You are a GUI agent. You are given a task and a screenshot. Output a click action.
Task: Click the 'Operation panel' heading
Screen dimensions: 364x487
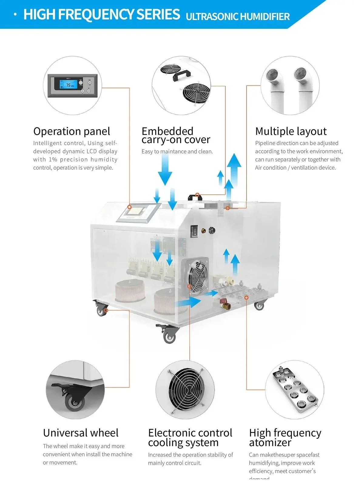[x=72, y=131]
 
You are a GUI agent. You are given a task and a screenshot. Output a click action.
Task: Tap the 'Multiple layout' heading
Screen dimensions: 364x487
[x=291, y=131]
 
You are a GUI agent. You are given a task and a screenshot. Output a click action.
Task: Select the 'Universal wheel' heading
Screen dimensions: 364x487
[x=81, y=433]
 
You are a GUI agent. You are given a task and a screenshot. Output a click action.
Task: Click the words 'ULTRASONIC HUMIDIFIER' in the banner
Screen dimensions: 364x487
[x=238, y=16]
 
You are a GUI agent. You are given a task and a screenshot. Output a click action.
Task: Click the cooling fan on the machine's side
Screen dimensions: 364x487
[x=198, y=275]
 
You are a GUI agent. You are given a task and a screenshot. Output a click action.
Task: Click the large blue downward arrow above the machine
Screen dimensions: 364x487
[x=165, y=170]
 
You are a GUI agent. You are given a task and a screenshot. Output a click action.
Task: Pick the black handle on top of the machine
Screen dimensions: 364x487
[x=195, y=197]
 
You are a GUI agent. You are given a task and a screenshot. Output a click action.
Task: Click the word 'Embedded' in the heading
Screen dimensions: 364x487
[x=167, y=131]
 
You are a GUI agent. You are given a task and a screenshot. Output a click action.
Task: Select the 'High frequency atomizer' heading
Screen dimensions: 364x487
[x=285, y=437]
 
